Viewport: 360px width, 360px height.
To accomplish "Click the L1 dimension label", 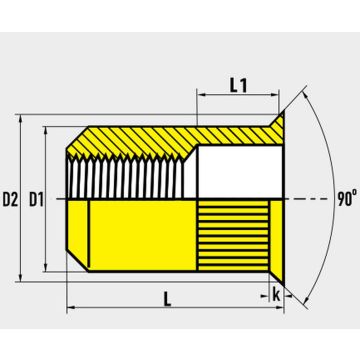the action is (238, 86).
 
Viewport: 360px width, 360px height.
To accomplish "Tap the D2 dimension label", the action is (10, 200).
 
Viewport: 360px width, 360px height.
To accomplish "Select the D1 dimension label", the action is (36, 200).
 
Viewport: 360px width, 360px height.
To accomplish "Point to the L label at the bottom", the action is (167, 300).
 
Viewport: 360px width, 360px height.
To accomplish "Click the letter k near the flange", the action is (276, 295).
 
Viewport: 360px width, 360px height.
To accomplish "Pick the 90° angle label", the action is (347, 199).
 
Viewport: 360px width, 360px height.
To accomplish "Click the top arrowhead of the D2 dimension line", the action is (21, 119).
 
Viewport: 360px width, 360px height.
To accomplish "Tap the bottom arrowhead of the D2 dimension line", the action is (21, 277).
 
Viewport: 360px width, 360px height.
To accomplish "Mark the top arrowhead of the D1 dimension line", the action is (46, 131).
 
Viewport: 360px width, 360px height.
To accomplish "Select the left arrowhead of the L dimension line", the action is (71, 307).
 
